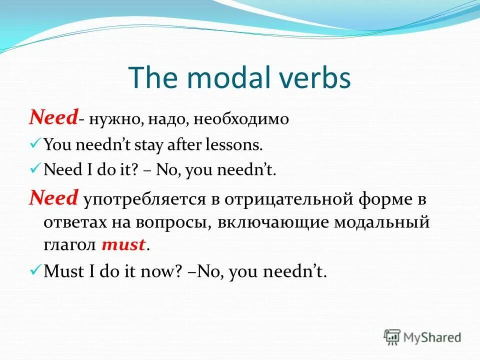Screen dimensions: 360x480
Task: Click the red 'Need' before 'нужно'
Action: click(x=53, y=118)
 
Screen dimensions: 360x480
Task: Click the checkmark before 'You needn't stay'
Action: click(x=35, y=144)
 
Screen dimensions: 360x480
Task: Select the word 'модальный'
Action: click(x=385, y=222)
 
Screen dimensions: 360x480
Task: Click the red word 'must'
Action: click(x=123, y=245)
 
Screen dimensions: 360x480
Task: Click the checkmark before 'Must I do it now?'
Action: click(x=35, y=270)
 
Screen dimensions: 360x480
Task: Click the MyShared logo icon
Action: click(x=392, y=336)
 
